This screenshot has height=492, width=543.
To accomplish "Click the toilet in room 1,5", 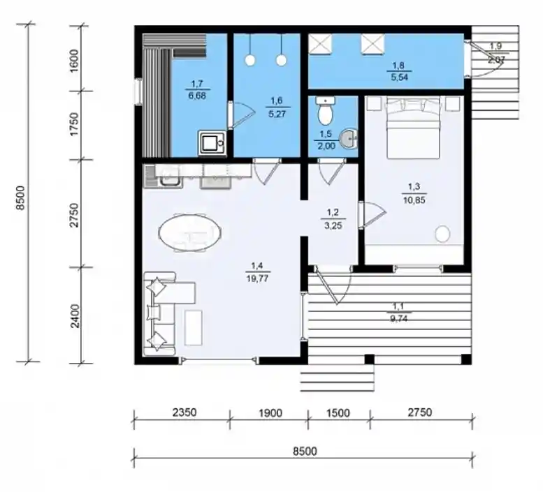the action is click(x=326, y=111).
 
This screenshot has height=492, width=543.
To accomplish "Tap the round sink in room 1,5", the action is click(x=349, y=139).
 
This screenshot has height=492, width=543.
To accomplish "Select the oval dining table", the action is click(x=190, y=232).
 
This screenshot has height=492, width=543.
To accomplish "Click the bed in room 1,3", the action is click(x=413, y=127).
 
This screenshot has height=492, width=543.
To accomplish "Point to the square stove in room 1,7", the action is click(x=212, y=142).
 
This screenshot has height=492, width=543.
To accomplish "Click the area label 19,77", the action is click(x=257, y=278).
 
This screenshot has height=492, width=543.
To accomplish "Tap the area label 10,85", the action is click(x=414, y=200).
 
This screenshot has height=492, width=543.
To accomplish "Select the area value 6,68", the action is click(x=197, y=96).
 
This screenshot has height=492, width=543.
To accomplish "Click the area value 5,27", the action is click(x=277, y=114).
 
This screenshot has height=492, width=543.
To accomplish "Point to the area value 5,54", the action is click(x=399, y=77).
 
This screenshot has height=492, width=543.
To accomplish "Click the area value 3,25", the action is click(x=333, y=226).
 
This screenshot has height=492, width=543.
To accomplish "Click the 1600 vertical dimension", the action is click(x=74, y=61).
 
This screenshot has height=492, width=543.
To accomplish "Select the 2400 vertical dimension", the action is click(x=75, y=315).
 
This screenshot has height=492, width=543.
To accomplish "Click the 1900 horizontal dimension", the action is click(x=270, y=413).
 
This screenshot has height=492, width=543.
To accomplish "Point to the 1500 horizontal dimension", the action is click(x=338, y=413).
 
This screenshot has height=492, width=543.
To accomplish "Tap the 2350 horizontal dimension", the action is click(x=184, y=412).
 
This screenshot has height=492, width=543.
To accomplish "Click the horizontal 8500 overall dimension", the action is click(x=305, y=451).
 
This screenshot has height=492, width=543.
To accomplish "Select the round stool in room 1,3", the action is click(x=442, y=234).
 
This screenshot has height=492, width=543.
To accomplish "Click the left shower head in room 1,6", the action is click(x=249, y=60).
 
